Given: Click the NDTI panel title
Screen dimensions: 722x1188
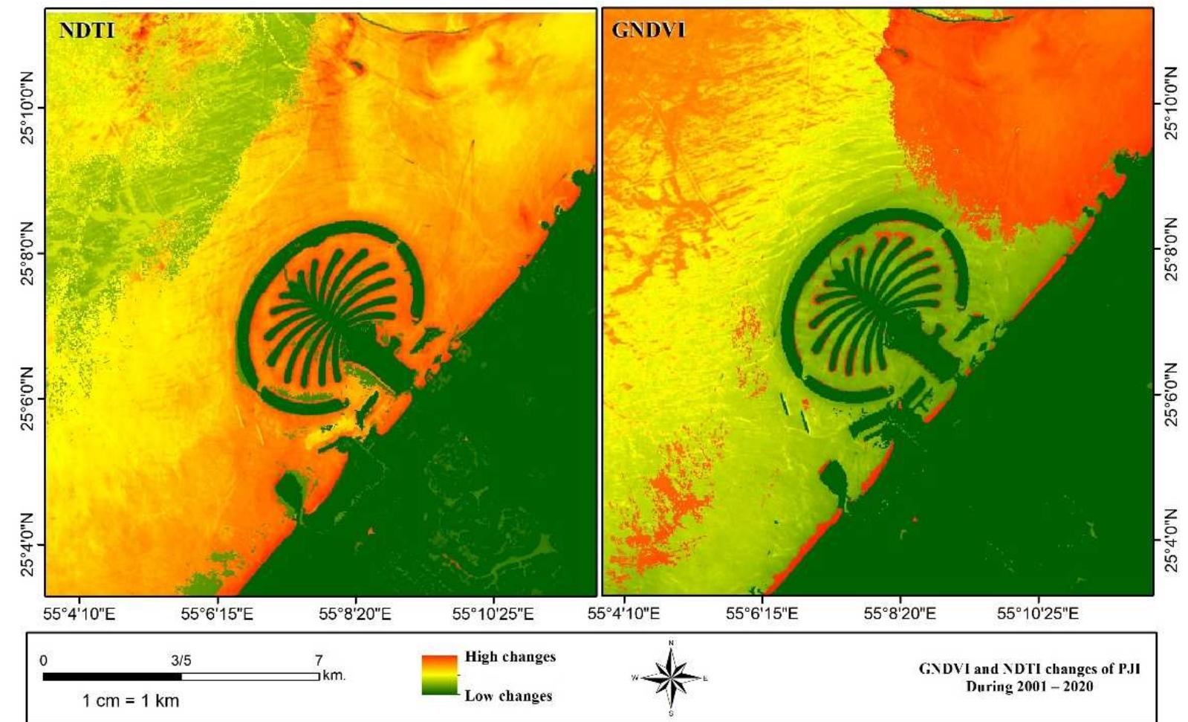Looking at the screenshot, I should click(x=87, y=30).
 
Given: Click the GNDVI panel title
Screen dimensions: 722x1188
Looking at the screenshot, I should click(x=649, y=30).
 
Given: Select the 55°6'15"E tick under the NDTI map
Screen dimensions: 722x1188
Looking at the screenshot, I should click(x=218, y=615).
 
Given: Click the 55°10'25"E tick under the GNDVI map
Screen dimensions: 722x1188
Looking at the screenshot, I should click(x=1038, y=615).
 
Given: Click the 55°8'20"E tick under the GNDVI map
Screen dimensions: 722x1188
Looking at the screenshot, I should click(x=900, y=615).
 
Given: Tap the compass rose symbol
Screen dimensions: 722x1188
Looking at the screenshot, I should click(x=671, y=677).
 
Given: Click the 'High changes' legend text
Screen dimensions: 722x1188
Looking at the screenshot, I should click(x=510, y=657).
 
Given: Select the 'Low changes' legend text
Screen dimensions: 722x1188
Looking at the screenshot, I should click(x=508, y=696).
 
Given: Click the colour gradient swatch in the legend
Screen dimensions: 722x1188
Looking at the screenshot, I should click(x=439, y=675).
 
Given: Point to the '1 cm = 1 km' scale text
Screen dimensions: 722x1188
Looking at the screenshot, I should click(x=131, y=700).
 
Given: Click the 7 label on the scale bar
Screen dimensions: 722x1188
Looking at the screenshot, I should click(x=319, y=660).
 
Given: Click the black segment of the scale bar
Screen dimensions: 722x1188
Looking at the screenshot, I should click(x=112, y=677).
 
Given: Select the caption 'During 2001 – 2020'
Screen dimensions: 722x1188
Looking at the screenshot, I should click(x=1029, y=686).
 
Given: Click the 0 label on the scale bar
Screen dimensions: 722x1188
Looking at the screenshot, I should click(x=44, y=660).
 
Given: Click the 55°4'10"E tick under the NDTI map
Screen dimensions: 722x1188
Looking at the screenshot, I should click(x=79, y=615).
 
